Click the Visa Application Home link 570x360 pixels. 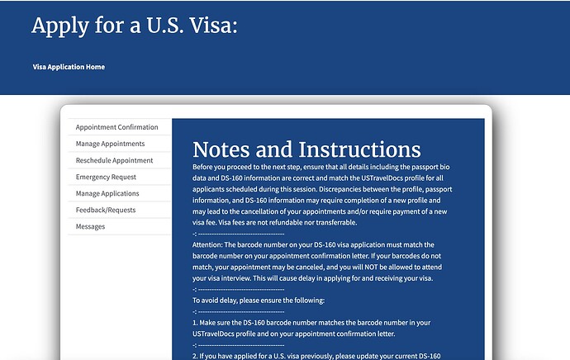[x=69, y=67]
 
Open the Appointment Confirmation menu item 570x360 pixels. [x=116, y=127]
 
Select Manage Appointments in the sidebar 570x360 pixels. [x=110, y=144]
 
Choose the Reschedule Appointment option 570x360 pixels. [x=114, y=160]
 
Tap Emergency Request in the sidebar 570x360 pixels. [x=106, y=177]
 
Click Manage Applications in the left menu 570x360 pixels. [x=107, y=193]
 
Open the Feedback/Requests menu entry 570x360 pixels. [x=107, y=210]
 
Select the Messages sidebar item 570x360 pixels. [x=90, y=226]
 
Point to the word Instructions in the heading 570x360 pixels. [x=360, y=150]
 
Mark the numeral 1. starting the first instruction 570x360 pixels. [x=195, y=323]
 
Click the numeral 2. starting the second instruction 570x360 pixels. [x=195, y=356]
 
